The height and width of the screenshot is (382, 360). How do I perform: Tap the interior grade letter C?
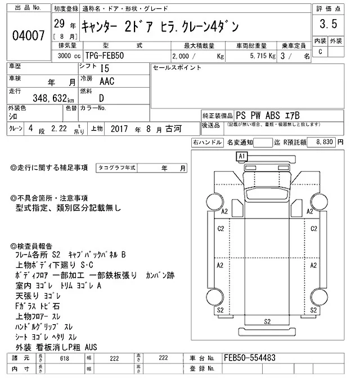coord(320,52)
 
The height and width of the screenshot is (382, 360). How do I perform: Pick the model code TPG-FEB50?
coord(105,56)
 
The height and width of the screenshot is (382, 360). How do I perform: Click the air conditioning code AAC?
coord(106,81)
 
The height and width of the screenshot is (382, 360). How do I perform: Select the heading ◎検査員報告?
coord(31,246)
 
